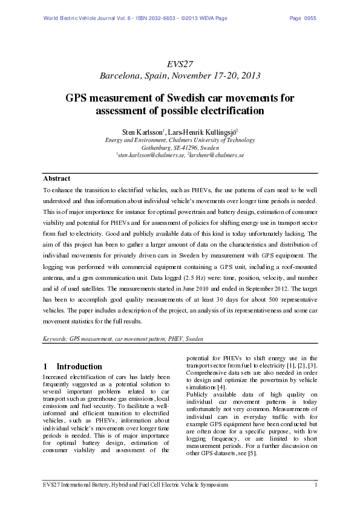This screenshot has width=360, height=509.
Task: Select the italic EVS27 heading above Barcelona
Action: pyautogui.click(x=180, y=63)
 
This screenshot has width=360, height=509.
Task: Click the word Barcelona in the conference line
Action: pyautogui.click(x=120, y=76)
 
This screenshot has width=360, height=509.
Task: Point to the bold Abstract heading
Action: pyautogui.click(x=57, y=178)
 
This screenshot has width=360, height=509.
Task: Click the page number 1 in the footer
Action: pyautogui.click(x=316, y=485)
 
